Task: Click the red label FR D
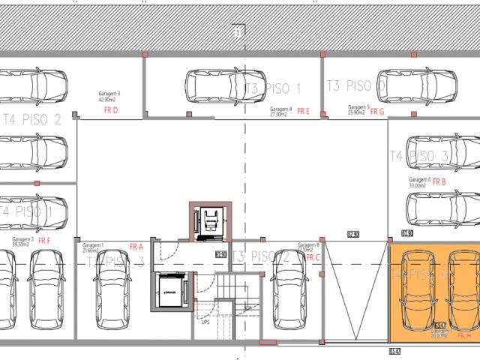pyautogui.click(x=111, y=110)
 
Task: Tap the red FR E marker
pyautogui.click(x=303, y=111)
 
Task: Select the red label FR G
pyautogui.click(x=376, y=111)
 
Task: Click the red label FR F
pyautogui.click(x=43, y=241)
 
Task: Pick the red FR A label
pyautogui.click(x=136, y=247)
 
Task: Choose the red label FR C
pyautogui.click(x=313, y=257)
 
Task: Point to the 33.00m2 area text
pyautogui.click(x=418, y=186)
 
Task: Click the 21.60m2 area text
pyautogui.click(x=92, y=250)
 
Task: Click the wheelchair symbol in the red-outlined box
pyautogui.click(x=209, y=222)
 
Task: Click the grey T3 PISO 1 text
pyautogui.click(x=273, y=89)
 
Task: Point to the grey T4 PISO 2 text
pyautogui.click(x=33, y=119)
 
